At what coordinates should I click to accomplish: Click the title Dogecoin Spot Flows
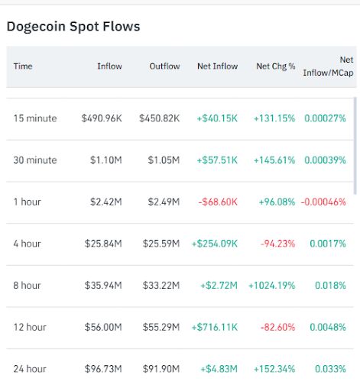coord(73,27)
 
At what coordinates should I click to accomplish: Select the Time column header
coord(23,66)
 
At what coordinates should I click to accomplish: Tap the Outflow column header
coord(164,66)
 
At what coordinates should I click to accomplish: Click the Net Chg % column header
coord(276,66)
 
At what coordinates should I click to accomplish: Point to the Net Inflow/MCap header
coord(329,66)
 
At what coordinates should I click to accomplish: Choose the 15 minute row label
coord(35,118)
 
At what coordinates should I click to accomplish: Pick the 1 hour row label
coord(28,202)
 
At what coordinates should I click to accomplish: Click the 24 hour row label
coord(30,369)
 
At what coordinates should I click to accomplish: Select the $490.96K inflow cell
coord(102,118)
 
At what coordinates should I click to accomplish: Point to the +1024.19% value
coord(272,286)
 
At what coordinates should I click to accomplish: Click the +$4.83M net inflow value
coord(219,369)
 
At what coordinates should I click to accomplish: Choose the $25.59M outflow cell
coord(161,244)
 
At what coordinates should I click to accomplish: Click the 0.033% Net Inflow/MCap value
coord(330,369)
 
